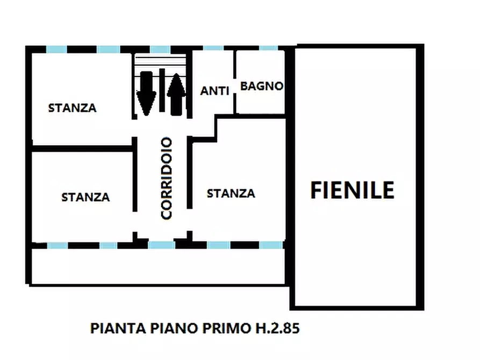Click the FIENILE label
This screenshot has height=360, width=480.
point(353,190)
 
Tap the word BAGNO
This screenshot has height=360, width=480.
point(261,86)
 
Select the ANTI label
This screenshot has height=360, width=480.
point(215,91)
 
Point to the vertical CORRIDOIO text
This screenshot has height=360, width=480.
point(167,178)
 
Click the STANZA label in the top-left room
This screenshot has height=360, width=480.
point(73,108)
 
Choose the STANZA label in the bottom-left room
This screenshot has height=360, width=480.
point(85,197)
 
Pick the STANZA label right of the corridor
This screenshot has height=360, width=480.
point(231,193)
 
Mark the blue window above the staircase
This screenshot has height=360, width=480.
point(160,49)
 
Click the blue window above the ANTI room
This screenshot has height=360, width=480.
point(213,48)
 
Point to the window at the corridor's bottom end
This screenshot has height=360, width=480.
point(161,245)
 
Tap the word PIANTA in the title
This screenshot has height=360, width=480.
point(111,328)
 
